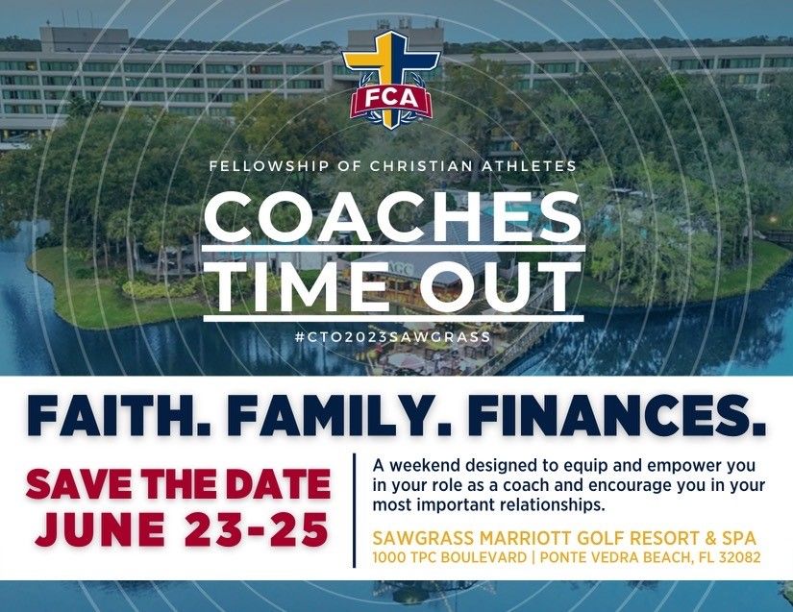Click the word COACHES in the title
pyautogui.click(x=395, y=219)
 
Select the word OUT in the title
pyautogui.click(x=495, y=286)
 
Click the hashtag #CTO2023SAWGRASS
pyautogui.click(x=395, y=337)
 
